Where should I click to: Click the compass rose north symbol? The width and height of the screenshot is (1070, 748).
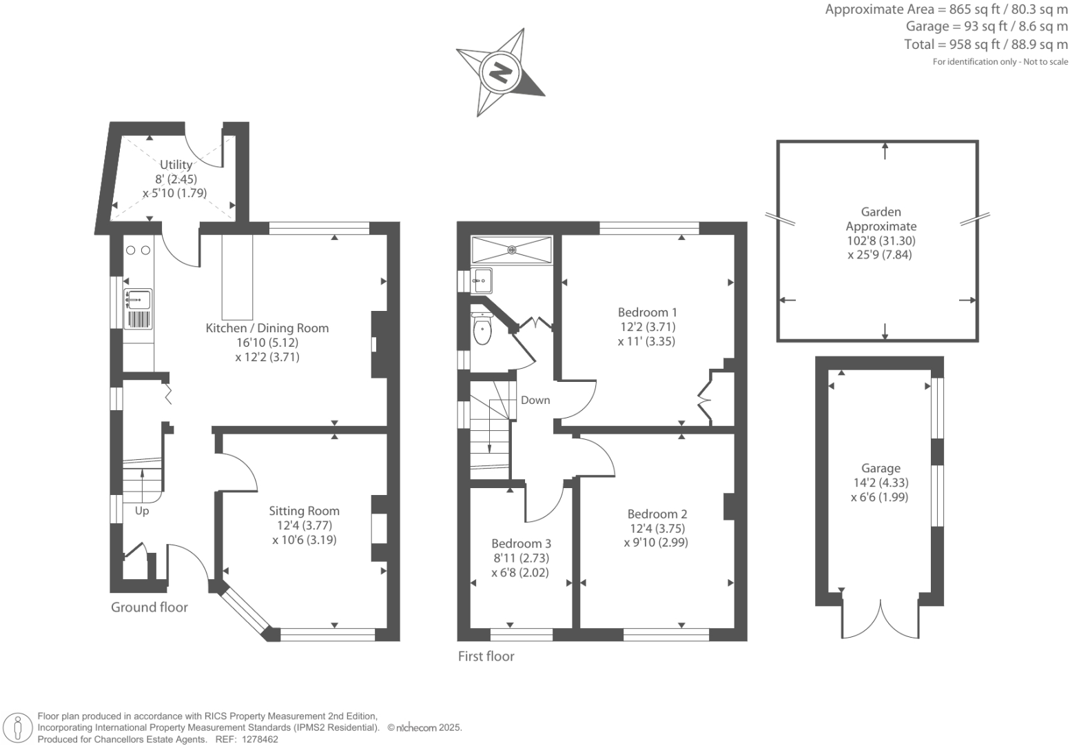coord(500,72)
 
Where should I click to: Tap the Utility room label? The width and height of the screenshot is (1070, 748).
coord(176,165)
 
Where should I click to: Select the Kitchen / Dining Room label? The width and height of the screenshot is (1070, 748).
coord(267,328)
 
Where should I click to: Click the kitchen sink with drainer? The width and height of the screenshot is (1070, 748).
coord(138,309)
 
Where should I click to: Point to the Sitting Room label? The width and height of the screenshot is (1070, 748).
coord(304,511)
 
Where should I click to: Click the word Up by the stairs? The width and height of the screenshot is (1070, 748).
coord(142,511)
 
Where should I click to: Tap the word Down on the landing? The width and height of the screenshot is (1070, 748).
coord(535,400)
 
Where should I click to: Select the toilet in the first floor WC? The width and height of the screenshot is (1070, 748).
coord(482,329)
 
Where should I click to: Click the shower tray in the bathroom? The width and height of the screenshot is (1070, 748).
coord(511,250)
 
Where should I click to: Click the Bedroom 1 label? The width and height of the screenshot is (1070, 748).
coord(647,312)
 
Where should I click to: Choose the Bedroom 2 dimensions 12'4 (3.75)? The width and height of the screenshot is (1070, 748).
coord(657,528)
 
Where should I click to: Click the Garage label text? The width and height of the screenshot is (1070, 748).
coord(880,468)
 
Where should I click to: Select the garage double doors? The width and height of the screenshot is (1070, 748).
coord(881,619)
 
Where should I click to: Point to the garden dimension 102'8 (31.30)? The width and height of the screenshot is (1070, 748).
coord(881,241)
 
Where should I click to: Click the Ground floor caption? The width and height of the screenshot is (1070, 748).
coord(150,607)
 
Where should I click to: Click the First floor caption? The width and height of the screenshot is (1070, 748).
coord(486,656)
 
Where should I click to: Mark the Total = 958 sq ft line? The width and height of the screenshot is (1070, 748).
coord(985,45)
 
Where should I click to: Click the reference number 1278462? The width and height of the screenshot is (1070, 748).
coord(257,739)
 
